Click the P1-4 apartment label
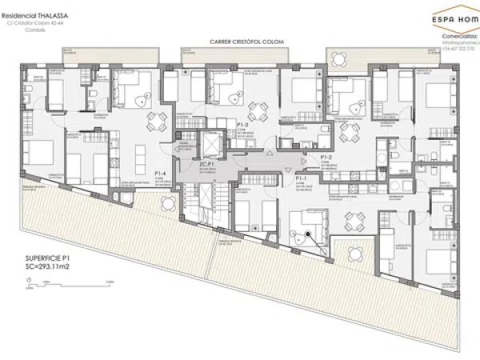(160, 172)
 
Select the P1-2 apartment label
(326, 157)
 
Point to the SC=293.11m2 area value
(49, 268)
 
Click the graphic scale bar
(72, 282)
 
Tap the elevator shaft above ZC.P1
(209, 143)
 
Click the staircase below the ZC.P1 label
(198, 200)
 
